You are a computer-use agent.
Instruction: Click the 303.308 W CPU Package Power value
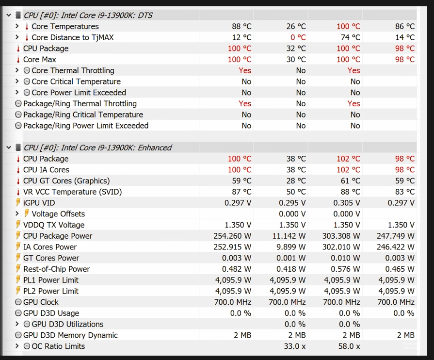pyautogui.click(x=341, y=236)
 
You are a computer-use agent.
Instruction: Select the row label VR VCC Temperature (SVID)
pyautogui.click(x=73, y=192)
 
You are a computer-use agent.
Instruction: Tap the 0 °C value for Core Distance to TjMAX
pyautogui.click(x=298, y=37)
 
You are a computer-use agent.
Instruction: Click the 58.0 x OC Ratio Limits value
pyautogui.click(x=349, y=346)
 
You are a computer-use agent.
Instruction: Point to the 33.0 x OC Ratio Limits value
pyautogui.click(x=295, y=346)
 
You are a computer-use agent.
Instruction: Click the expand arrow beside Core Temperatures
pyautogui.click(x=17, y=26)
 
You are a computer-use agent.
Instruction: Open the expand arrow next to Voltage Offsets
pyautogui.click(x=17, y=214)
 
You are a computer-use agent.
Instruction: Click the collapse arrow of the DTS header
pyautogui.click(x=9, y=15)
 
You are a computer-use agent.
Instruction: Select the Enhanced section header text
pyautogui.click(x=97, y=147)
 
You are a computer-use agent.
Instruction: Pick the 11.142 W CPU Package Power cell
pyautogui.click(x=289, y=236)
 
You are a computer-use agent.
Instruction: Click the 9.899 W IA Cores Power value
pyautogui.click(x=291, y=247)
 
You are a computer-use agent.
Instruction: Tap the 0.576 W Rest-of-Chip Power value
pyautogui.click(x=345, y=269)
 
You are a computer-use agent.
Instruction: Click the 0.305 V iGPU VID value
pyautogui.click(x=347, y=203)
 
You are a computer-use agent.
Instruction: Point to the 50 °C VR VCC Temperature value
pyautogui.click(x=296, y=192)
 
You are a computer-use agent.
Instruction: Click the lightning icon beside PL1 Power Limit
pyautogui.click(x=18, y=279)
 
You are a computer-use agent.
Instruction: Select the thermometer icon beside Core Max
pyautogui.click(x=18, y=60)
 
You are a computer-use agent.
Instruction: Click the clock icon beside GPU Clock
pyautogui.click(x=18, y=302)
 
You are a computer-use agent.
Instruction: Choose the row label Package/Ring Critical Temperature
pyautogui.click(x=83, y=115)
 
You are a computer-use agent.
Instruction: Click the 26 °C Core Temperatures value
pyautogui.click(x=296, y=26)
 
